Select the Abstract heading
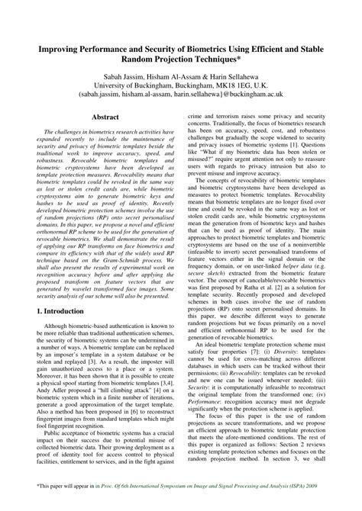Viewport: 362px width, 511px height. coord(103,118)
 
